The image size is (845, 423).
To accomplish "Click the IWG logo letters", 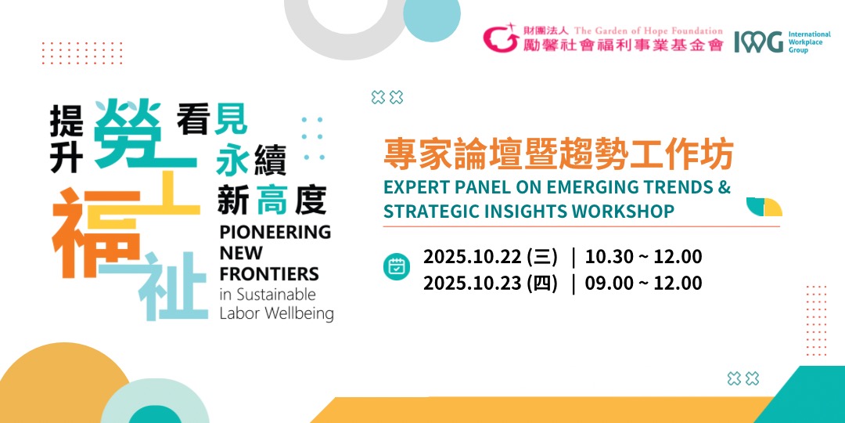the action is [758, 42].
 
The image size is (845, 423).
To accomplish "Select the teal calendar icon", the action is [397, 266].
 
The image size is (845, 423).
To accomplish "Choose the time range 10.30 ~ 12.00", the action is [643, 258].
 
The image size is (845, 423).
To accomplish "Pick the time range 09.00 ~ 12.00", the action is [643, 284].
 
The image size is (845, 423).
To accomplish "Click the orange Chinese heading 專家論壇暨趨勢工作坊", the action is [559, 155].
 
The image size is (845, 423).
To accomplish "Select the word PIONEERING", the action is [275, 233].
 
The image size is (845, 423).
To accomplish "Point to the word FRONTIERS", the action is [269, 274].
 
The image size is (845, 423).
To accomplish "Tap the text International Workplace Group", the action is [809, 42].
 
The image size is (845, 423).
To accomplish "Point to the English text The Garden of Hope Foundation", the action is [649, 31].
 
